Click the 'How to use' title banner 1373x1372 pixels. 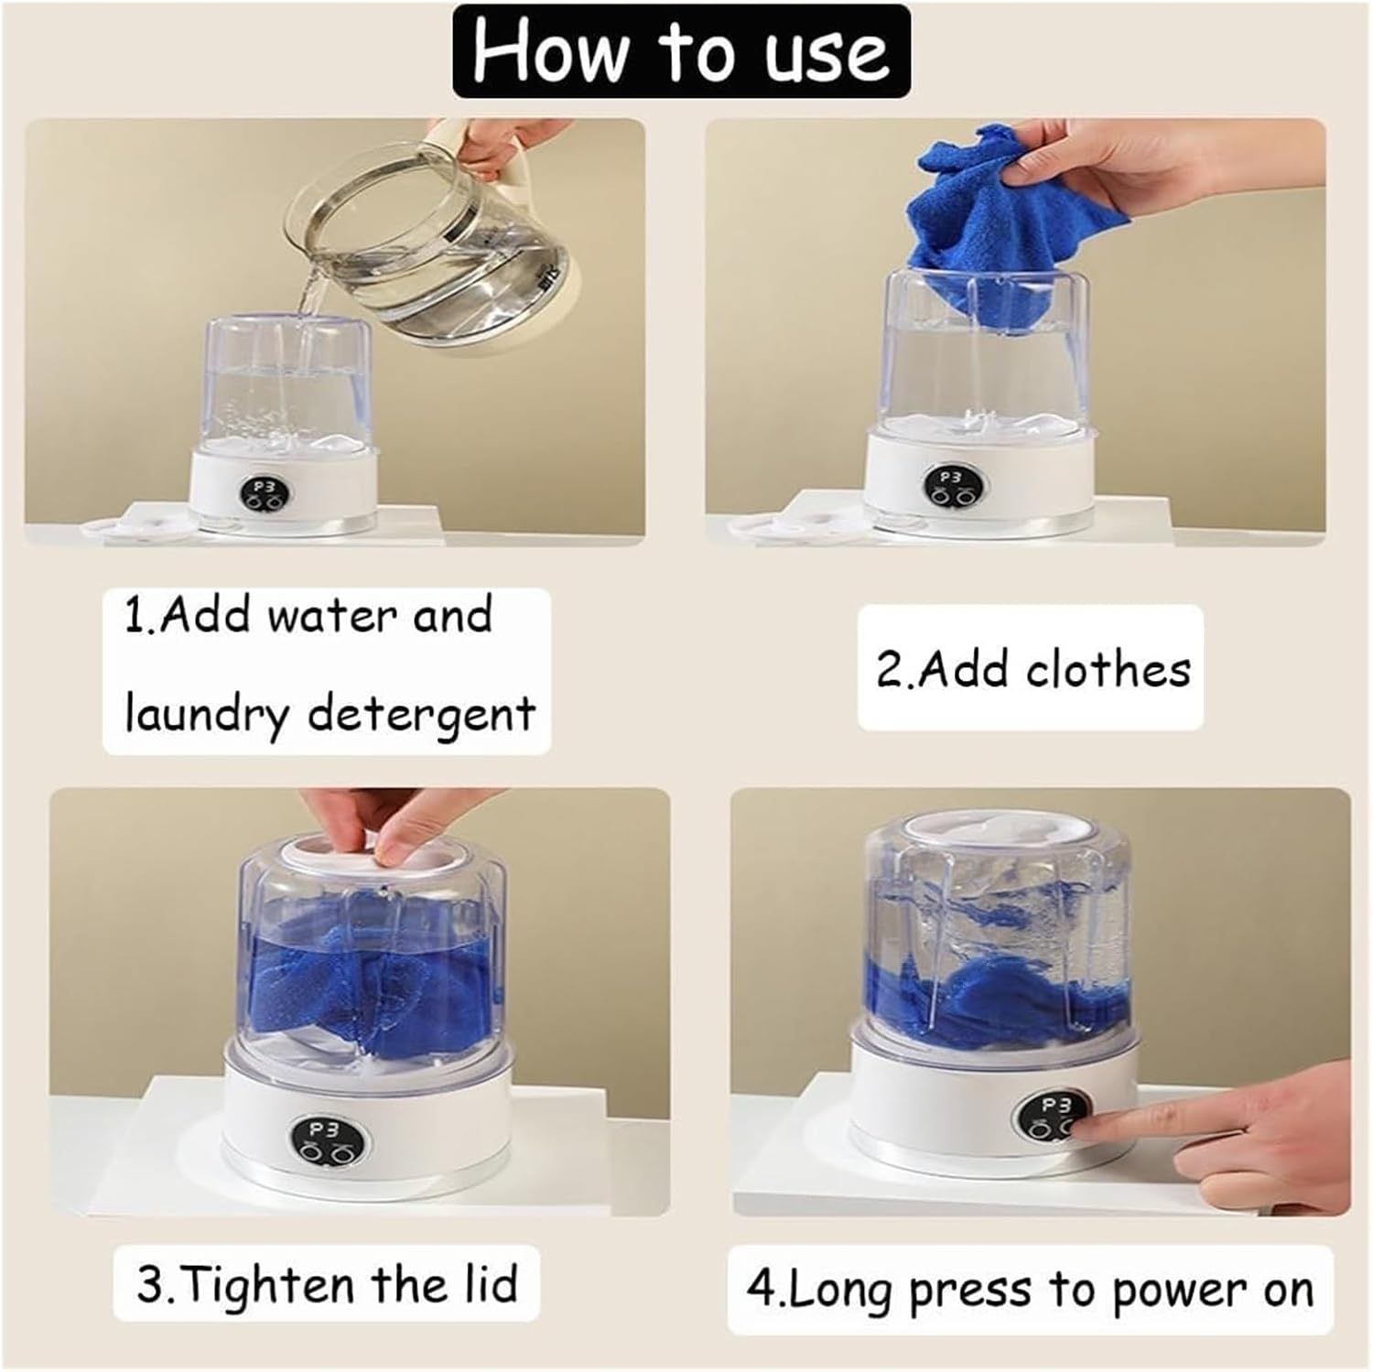[681, 52]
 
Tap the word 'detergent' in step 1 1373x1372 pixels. [421, 715]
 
